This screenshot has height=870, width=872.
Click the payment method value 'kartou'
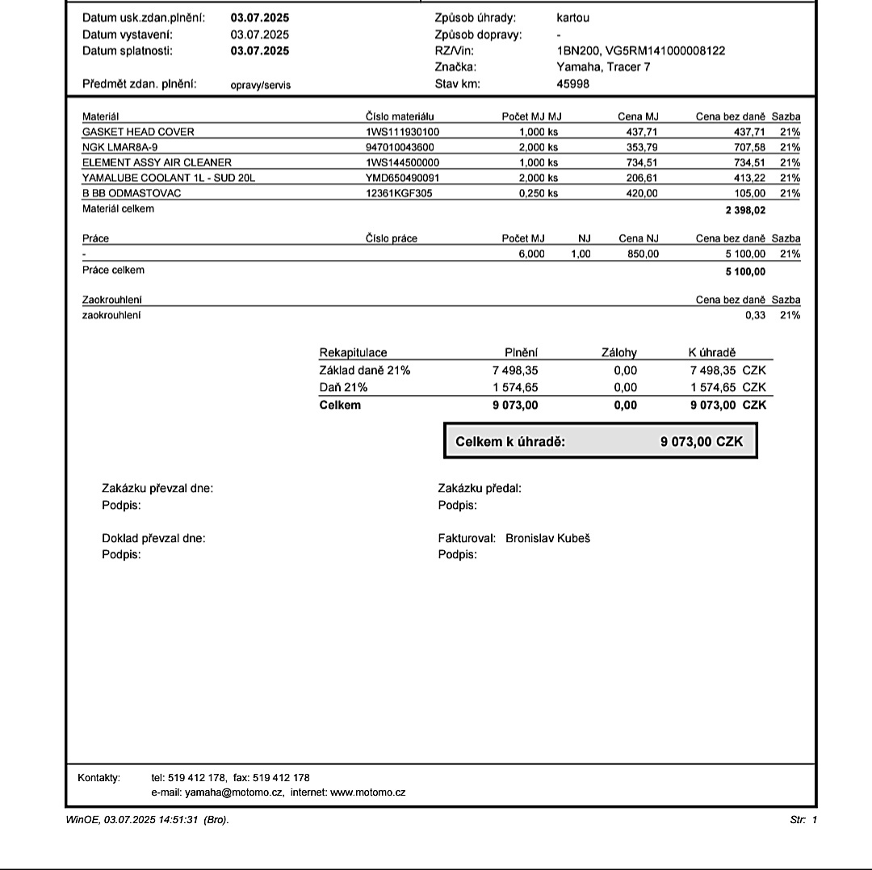click(572, 18)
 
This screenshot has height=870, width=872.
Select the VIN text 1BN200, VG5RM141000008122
click(640, 51)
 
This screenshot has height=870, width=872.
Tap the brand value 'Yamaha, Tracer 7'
click(603, 67)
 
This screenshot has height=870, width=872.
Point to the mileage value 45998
click(572, 84)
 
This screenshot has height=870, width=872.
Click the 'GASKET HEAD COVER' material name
click(138, 132)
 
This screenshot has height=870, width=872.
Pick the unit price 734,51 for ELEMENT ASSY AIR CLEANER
click(643, 162)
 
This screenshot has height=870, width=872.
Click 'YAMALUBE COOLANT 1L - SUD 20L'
click(168, 178)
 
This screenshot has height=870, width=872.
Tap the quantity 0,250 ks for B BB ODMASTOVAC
click(538, 193)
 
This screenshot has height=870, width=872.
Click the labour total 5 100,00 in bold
click(745, 271)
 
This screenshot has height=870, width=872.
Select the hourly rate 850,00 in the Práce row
click(643, 254)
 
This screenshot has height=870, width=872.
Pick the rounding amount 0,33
click(755, 315)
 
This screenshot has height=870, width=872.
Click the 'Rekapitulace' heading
click(353, 353)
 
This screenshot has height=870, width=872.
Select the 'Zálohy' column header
click(619, 353)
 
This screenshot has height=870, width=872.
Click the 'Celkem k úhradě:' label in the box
click(509, 442)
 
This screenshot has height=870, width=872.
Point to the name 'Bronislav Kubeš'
click(547, 538)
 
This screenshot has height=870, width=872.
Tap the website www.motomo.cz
click(368, 792)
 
